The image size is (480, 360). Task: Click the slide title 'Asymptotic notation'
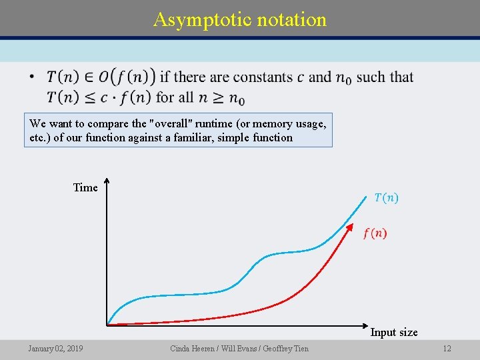(240, 19)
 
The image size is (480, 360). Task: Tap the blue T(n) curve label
(387, 197)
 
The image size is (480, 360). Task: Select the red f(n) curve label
(375, 233)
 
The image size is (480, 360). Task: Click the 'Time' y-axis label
(85, 187)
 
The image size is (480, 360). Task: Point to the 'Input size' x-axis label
(394, 332)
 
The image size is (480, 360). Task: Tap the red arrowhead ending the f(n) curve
(351, 227)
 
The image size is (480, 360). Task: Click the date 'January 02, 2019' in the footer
(55, 348)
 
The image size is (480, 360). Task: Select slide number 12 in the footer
(447, 348)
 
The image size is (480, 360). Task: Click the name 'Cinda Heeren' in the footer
(193, 348)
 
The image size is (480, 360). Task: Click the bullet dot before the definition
(32, 77)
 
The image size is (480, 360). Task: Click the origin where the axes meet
(107, 325)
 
